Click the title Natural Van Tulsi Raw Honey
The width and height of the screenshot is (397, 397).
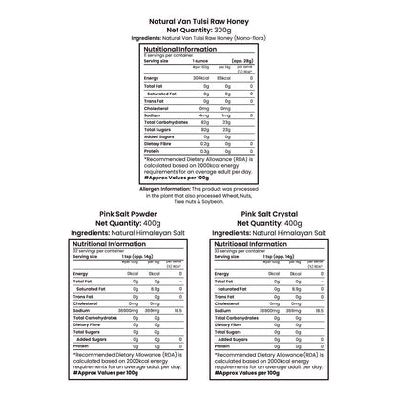point(198,19)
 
